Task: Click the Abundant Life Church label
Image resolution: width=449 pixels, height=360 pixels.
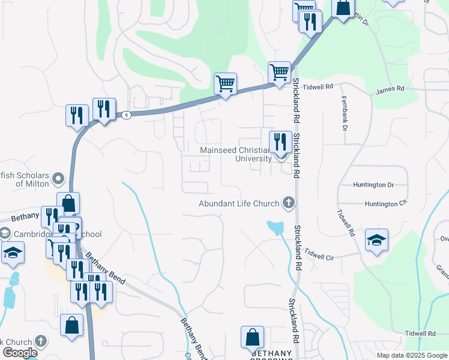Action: pyautogui.click(x=240, y=204)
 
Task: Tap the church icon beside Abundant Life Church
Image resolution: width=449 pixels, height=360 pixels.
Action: pyautogui.click(x=289, y=203)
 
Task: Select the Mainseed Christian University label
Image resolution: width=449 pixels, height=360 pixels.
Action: pyautogui.click(x=237, y=154)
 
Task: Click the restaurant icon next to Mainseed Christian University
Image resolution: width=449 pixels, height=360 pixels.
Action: pyautogui.click(x=280, y=143)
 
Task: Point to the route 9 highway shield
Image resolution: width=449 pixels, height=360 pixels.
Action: pyautogui.click(x=125, y=115)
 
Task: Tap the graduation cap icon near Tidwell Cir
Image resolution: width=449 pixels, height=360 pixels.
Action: pyautogui.click(x=376, y=240)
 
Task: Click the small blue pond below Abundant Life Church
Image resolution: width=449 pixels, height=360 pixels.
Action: pyautogui.click(x=276, y=227)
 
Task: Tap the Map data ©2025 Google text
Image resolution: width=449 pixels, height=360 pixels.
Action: pyautogui.click(x=412, y=355)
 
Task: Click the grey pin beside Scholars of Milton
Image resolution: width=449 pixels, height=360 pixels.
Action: pyautogui.click(x=58, y=178)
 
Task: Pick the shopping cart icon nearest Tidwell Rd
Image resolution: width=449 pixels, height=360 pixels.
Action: pyautogui.click(x=280, y=73)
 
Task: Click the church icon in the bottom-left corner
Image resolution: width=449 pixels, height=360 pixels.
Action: pyautogui.click(x=41, y=341)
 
